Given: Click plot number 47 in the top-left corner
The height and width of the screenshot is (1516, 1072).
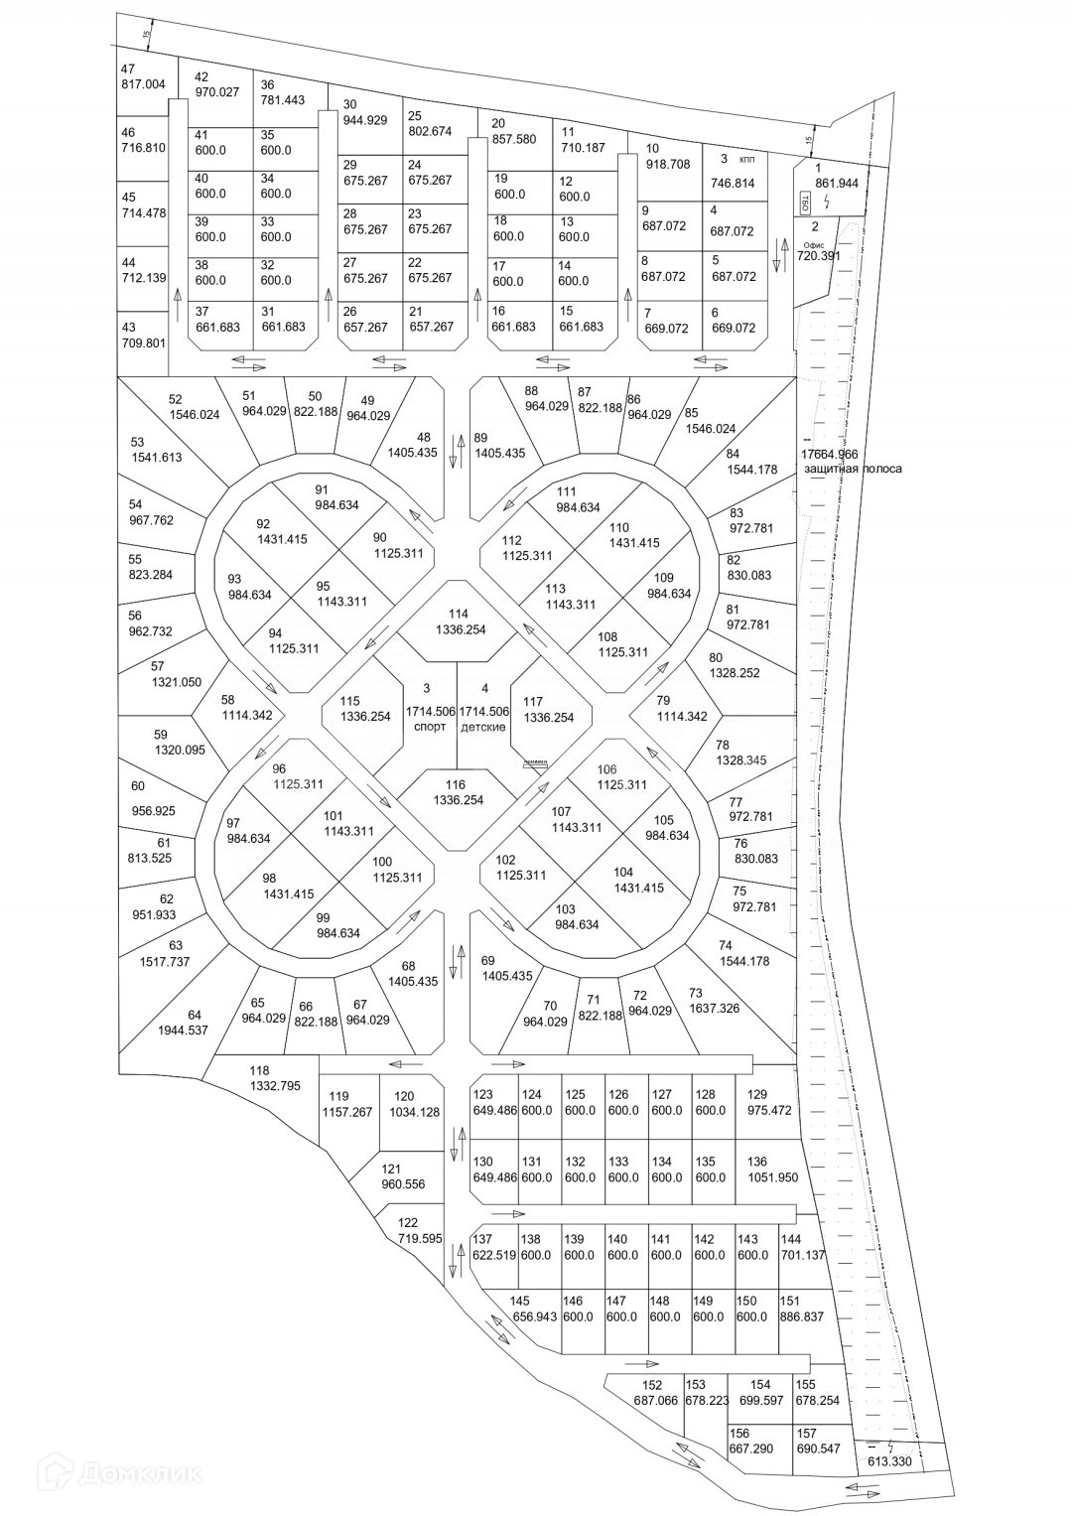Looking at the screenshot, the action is tap(127, 69).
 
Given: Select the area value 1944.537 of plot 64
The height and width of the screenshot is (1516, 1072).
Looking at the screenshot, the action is tap(183, 1030).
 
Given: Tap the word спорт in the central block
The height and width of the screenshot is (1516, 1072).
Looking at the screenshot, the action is tap(430, 726).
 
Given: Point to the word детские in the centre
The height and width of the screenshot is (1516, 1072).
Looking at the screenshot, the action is tap(483, 726).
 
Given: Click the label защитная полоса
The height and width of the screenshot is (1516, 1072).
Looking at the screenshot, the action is tap(854, 469).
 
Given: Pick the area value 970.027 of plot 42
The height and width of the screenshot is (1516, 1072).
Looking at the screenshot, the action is tap(217, 92).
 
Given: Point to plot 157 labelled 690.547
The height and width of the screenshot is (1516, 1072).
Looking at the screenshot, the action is tap(818, 1442).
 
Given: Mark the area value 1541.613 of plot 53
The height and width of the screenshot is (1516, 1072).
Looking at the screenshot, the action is tap(157, 458).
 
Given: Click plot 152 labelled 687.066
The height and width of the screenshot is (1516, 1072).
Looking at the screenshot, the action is tap(656, 1393).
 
